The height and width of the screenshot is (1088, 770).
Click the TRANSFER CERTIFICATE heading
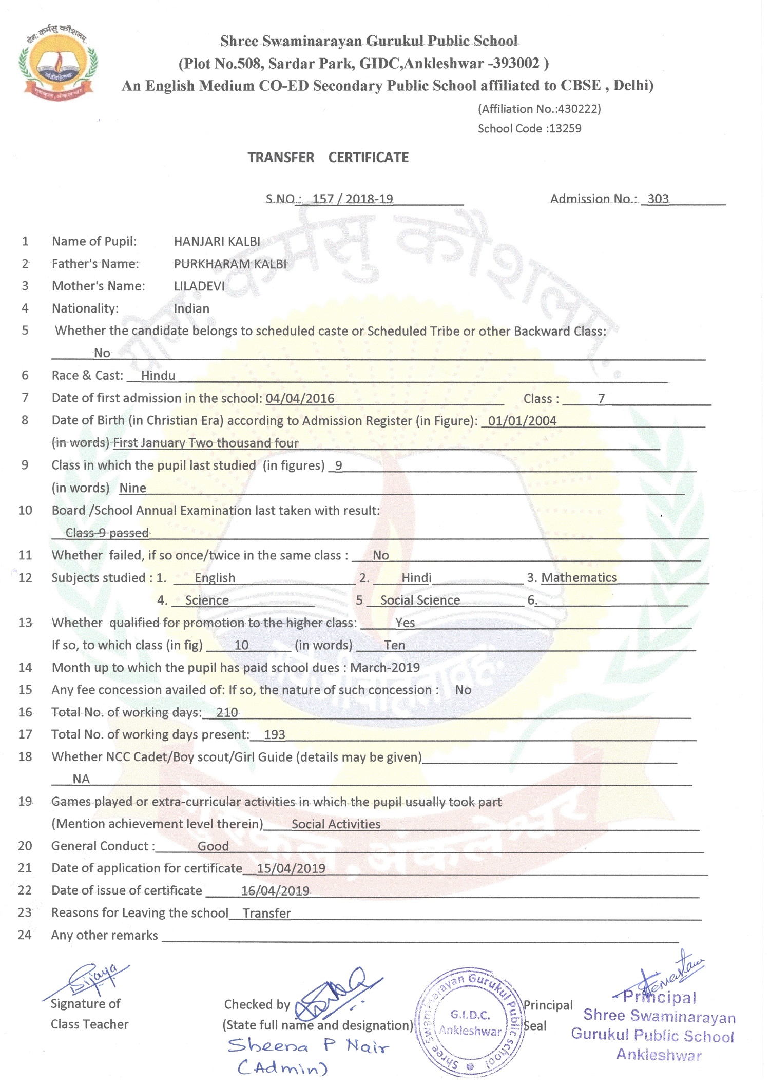[x=328, y=158]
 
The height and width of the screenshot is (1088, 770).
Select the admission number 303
[x=658, y=199]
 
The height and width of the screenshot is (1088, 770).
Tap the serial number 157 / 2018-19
[x=353, y=199]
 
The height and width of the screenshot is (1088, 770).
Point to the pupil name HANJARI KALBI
[x=217, y=241]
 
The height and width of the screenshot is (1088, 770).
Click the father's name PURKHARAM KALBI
[x=230, y=264]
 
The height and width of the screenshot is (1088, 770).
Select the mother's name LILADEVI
[x=199, y=286]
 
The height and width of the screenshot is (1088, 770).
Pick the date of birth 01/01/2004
[x=522, y=421]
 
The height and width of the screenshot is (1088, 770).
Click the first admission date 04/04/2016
[x=300, y=398]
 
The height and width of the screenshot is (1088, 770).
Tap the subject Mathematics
[x=579, y=578]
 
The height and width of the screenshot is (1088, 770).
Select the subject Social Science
[x=420, y=600]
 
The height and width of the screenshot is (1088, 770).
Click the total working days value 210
[x=227, y=712]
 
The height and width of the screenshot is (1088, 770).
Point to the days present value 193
[x=274, y=734]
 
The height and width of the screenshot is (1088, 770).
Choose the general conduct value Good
[x=213, y=846]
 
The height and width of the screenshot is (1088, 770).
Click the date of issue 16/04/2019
[x=275, y=891]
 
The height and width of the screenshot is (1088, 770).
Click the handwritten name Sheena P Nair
[x=308, y=1046]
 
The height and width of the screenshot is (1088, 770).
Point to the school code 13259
[x=565, y=128]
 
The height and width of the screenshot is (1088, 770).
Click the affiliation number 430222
[x=577, y=109]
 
